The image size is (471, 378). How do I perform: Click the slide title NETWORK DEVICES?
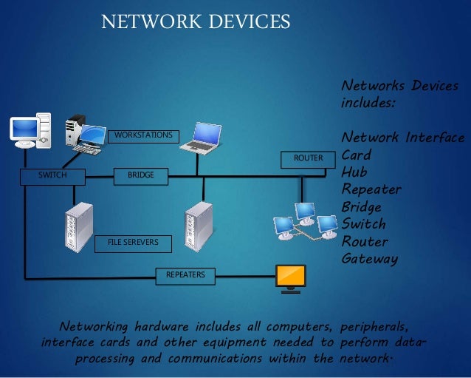pyautogui.click(x=196, y=21)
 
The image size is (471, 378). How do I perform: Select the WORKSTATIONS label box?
pyautogui.click(x=143, y=135)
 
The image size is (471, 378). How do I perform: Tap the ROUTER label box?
pyautogui.click(x=308, y=158)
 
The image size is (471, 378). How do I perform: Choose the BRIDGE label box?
pyautogui.click(x=141, y=175)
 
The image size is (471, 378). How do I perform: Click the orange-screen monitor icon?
pyautogui.click(x=290, y=278)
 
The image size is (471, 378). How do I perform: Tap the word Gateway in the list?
pyautogui.click(x=369, y=259)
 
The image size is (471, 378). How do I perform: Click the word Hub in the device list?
pyautogui.click(x=354, y=172)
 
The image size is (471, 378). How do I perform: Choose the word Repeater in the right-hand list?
pyautogui.click(x=371, y=189)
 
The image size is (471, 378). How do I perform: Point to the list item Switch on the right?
pyautogui.click(x=363, y=224)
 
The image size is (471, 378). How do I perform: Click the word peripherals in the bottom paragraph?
pyautogui.click(x=374, y=326)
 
